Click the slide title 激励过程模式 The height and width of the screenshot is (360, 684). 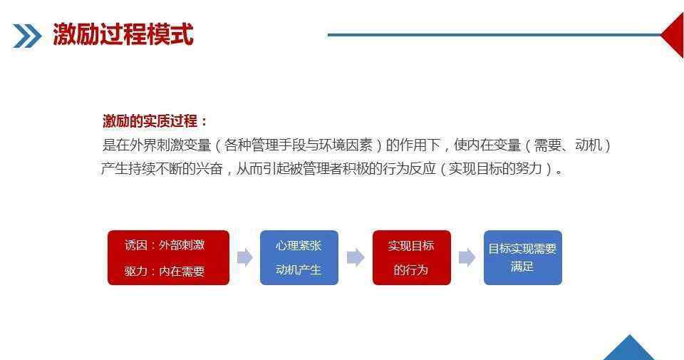[123, 34]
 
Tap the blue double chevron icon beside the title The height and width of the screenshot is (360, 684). [27, 36]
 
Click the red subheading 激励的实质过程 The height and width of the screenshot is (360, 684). [150, 121]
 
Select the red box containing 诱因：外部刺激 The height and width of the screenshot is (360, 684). [168, 257]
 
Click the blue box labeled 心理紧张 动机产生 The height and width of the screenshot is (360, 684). [299, 257]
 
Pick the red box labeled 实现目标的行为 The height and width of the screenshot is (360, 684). [411, 257]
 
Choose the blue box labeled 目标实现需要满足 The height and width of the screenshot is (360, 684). [522, 257]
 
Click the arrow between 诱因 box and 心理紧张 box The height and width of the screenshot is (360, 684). [244, 257]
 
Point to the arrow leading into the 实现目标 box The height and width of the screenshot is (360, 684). [356, 257]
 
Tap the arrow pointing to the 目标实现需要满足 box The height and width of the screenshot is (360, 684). [467, 257]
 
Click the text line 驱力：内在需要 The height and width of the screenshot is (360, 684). [165, 271]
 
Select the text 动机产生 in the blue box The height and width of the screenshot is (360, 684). [299, 269]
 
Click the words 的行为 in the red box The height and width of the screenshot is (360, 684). [411, 270]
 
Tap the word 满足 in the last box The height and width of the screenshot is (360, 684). [522, 266]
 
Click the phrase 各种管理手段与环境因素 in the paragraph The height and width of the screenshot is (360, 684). [299, 145]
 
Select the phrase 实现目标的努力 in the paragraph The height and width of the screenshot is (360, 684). [495, 168]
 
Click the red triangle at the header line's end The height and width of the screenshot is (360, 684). [673, 35]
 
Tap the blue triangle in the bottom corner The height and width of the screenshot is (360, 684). [629, 348]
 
